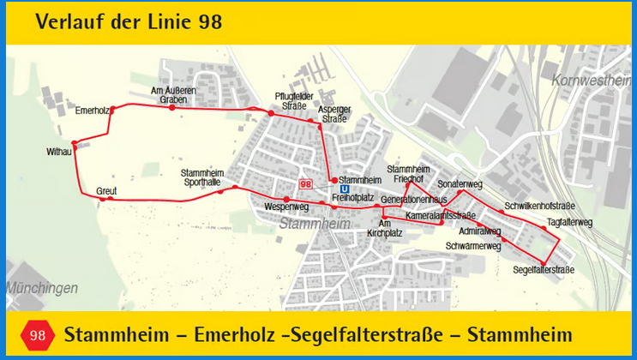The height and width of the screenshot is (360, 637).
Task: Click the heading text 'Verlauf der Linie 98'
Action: [x=129, y=22]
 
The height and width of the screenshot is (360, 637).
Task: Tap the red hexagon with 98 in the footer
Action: [x=38, y=335]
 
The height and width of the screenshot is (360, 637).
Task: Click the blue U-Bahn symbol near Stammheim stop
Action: [x=344, y=189]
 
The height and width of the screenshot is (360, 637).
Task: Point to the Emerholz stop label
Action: [x=91, y=111]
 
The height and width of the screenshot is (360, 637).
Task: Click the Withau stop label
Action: [x=59, y=152]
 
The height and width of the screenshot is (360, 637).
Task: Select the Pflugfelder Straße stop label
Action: [x=291, y=100]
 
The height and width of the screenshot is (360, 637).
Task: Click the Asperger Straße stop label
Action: [x=334, y=114]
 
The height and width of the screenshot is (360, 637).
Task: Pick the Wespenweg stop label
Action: [x=286, y=207]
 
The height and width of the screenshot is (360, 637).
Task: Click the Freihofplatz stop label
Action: [x=352, y=198]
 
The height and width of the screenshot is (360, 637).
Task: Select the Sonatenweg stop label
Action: [x=460, y=184]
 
